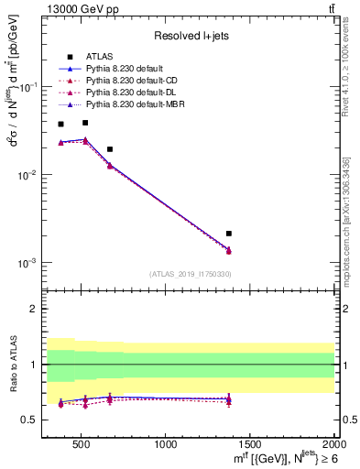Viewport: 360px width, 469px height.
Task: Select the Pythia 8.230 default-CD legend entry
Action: (x=129, y=81)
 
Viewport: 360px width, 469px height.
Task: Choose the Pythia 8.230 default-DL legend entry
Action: (x=128, y=93)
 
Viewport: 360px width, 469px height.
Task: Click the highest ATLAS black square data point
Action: (x=85, y=122)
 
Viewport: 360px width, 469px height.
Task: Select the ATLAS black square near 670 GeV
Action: (x=110, y=149)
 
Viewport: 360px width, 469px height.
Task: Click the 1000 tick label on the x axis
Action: (x=166, y=444)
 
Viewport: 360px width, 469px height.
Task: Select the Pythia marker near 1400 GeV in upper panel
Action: (x=229, y=250)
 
